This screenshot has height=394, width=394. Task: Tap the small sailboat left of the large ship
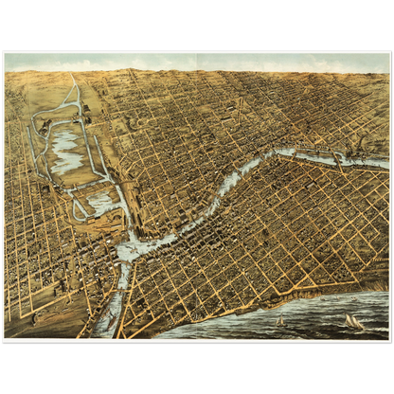[x=280, y=321]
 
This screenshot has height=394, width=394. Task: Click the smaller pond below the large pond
[x=102, y=202]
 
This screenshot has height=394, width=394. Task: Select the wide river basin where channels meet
[x=133, y=249]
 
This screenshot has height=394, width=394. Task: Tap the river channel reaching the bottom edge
[x=107, y=322]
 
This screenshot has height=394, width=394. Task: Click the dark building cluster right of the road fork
[x=86, y=112]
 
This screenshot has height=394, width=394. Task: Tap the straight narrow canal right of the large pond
[x=96, y=152]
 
